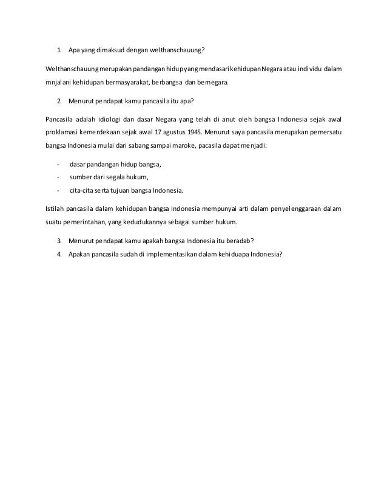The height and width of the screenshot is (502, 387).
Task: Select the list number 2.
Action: pyautogui.click(x=59, y=100)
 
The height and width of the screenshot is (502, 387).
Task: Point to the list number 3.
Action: pyautogui.click(x=59, y=239)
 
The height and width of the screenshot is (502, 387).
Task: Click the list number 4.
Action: pyautogui.click(x=59, y=254)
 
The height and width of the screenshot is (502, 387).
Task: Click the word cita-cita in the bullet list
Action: pyautogui.click(x=82, y=191)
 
